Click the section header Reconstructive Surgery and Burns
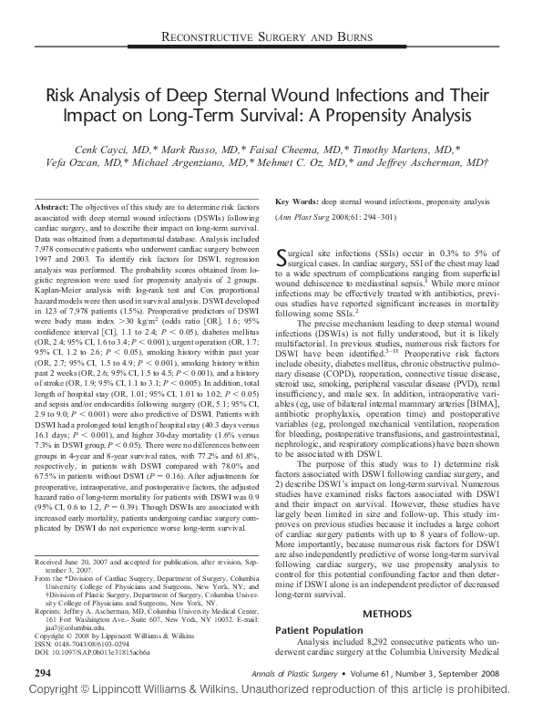[266, 36]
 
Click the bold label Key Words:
[298, 200]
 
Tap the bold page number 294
[42, 672]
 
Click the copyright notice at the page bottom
[266, 696]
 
